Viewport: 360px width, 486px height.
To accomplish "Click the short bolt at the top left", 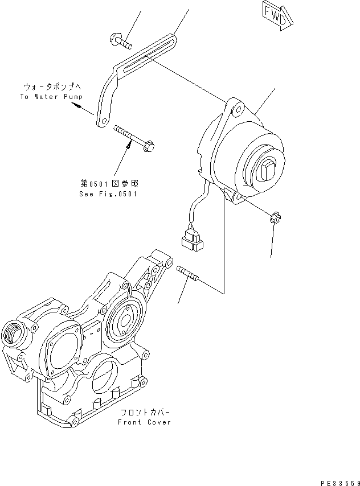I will (119, 41).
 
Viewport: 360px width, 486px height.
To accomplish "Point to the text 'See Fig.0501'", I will (109, 193).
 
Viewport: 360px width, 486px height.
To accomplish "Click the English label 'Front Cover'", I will (144, 422).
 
